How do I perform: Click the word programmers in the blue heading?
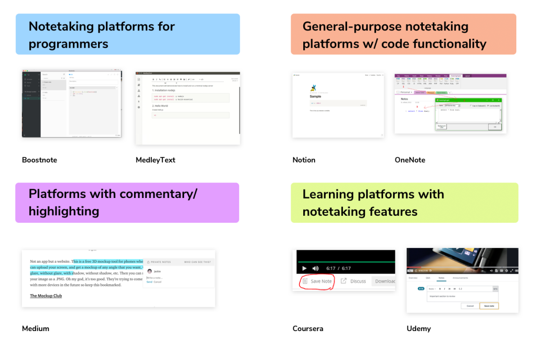68,44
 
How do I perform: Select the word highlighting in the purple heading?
64,211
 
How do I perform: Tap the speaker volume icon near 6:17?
315,268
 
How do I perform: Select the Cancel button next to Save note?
470,306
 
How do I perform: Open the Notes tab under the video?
441,278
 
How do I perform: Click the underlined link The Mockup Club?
46,296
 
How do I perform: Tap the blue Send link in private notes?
149,282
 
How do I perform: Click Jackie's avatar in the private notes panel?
150,271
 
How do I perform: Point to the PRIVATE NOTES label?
161,262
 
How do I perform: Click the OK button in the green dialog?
494,127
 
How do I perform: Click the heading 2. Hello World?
160,106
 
